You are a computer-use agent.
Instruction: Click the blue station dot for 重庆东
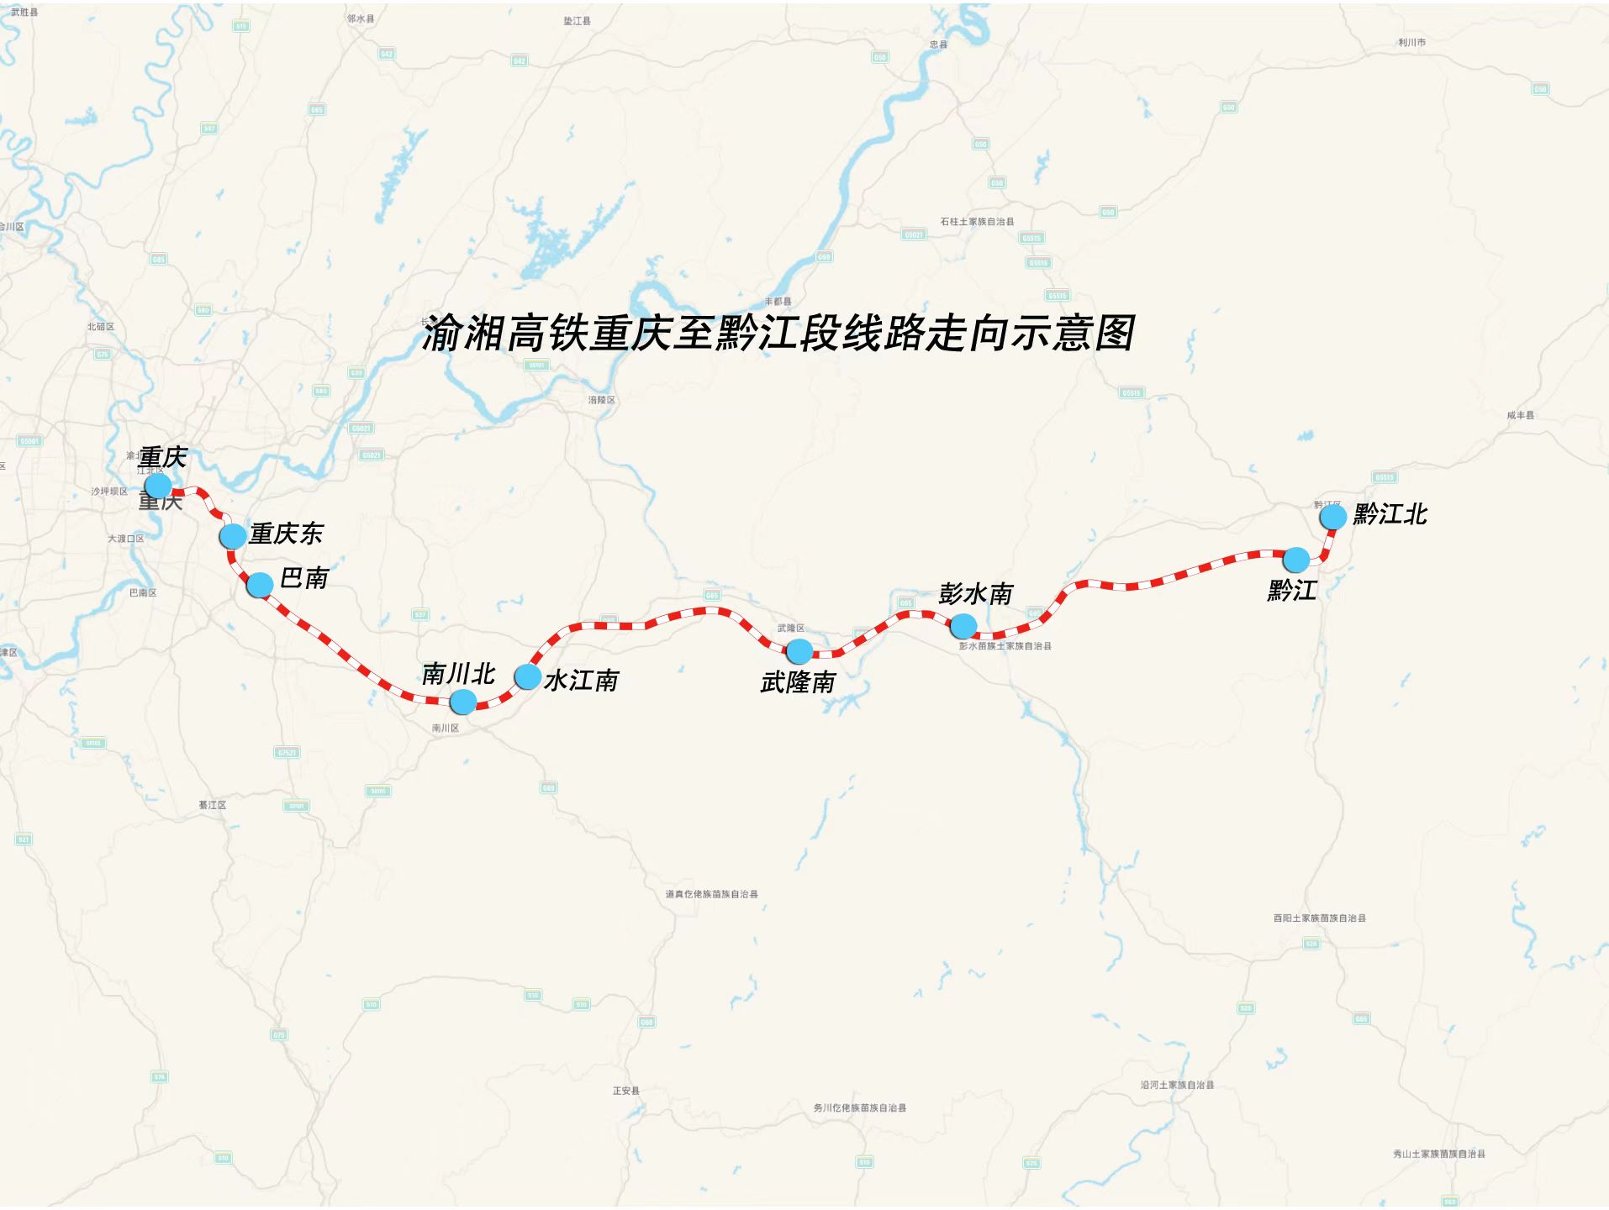point(233,535)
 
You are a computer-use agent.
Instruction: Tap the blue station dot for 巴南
point(260,584)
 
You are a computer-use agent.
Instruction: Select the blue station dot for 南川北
point(463,702)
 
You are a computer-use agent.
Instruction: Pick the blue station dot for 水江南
point(527,676)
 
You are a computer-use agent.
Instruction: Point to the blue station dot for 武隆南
point(799,650)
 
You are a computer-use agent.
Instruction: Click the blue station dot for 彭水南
point(963,625)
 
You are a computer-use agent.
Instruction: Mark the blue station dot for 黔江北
point(1332,516)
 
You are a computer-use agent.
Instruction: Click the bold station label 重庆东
point(286,534)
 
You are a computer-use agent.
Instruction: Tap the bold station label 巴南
point(304,578)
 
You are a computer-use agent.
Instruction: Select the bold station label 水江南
point(582,680)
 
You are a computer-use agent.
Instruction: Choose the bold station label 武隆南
point(798,682)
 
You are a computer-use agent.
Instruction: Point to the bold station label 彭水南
point(976,594)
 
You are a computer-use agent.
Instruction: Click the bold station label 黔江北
point(1390,514)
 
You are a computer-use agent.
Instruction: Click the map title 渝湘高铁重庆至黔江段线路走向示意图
point(778,334)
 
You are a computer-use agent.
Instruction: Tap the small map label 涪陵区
point(602,400)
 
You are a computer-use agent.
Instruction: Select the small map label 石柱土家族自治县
point(977,222)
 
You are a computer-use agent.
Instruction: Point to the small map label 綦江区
point(213,805)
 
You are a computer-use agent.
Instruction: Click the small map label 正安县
point(626,1091)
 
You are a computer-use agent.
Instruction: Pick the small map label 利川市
point(1411,42)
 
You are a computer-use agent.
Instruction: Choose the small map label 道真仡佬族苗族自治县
point(712,894)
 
